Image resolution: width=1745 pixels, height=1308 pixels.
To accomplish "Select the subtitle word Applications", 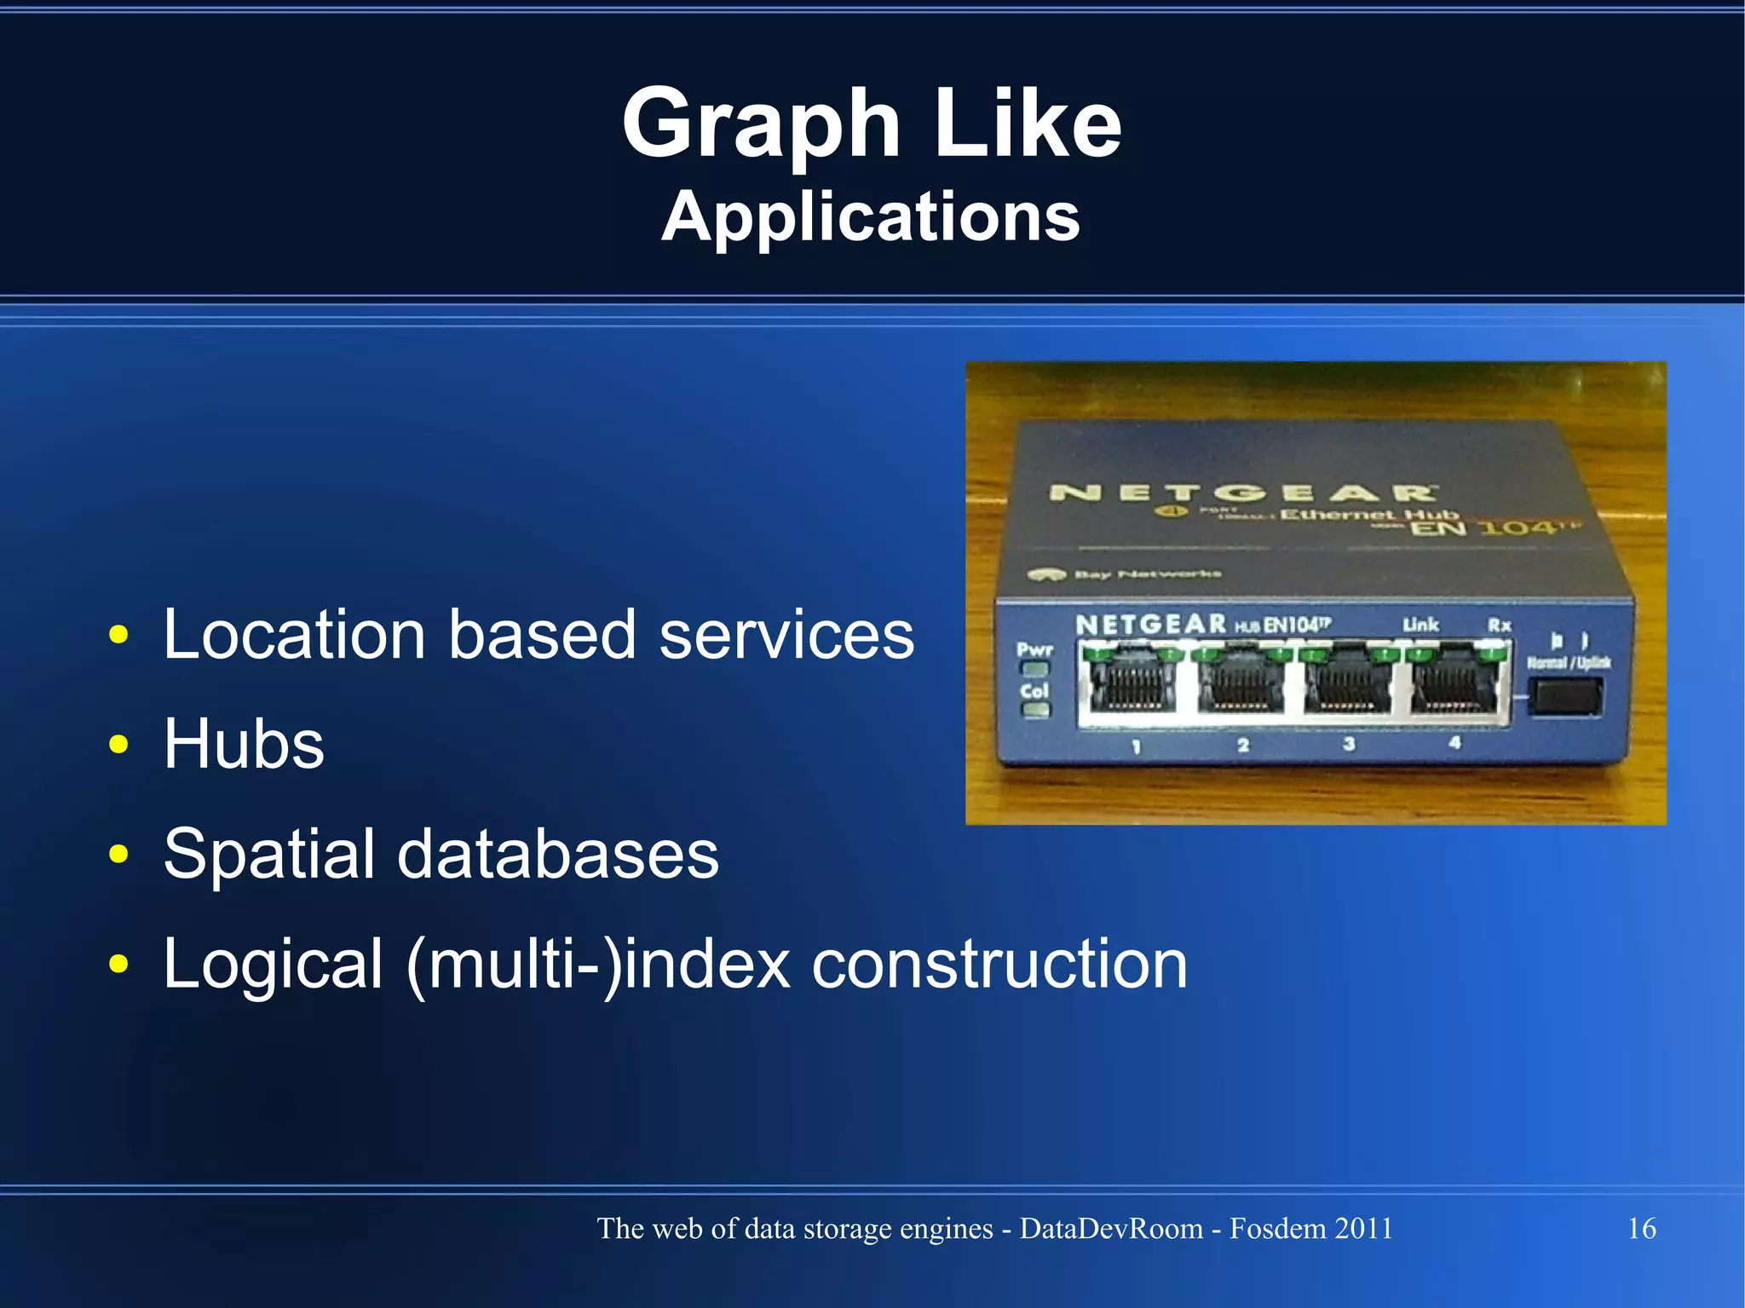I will (871, 217).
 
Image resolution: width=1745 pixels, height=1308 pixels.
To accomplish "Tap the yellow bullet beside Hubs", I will (118, 744).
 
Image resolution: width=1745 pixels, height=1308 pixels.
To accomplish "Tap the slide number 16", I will (1641, 1228).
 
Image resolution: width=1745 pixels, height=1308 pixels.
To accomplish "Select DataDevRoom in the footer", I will (1110, 1228).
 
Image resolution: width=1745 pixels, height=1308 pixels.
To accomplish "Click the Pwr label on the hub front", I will (1034, 649).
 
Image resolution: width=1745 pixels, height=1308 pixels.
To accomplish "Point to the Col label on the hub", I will (1034, 690).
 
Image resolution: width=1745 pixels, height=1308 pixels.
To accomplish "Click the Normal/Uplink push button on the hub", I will (1565, 697).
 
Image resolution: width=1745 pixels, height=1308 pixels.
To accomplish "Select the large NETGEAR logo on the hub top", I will (1242, 493).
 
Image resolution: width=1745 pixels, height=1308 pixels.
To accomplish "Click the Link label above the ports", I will (1420, 625).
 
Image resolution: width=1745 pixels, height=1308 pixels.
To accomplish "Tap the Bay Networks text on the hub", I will (1147, 574).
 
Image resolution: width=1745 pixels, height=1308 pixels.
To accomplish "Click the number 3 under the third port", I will (1349, 744).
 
